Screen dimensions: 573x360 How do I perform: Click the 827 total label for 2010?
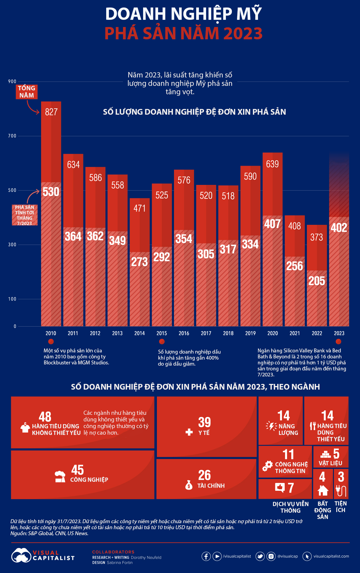point(51,112)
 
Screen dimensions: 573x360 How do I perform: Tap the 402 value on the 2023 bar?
point(339,228)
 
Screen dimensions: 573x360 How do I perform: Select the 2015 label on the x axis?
point(162,333)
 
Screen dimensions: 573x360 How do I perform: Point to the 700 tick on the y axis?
point(12,136)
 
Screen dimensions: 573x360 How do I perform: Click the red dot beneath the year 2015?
point(162,342)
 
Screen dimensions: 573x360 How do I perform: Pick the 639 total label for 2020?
point(272,164)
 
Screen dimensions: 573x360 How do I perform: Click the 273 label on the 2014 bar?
point(139,262)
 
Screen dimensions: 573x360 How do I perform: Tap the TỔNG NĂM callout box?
point(27,92)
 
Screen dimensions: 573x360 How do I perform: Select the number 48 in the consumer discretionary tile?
point(45,417)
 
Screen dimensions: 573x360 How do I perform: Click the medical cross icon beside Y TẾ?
point(189,432)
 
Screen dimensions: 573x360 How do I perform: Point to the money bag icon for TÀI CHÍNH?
point(189,485)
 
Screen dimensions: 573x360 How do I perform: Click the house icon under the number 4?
point(323,490)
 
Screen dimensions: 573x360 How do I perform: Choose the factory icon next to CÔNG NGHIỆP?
point(60,477)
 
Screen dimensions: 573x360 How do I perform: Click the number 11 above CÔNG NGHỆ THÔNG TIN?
point(288,454)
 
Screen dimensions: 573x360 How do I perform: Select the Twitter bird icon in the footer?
point(260,556)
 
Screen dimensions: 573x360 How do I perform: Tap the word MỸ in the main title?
point(249,14)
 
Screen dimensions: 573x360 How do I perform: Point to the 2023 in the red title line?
point(243,33)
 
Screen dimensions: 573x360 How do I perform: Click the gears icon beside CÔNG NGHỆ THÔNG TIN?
point(267,466)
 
